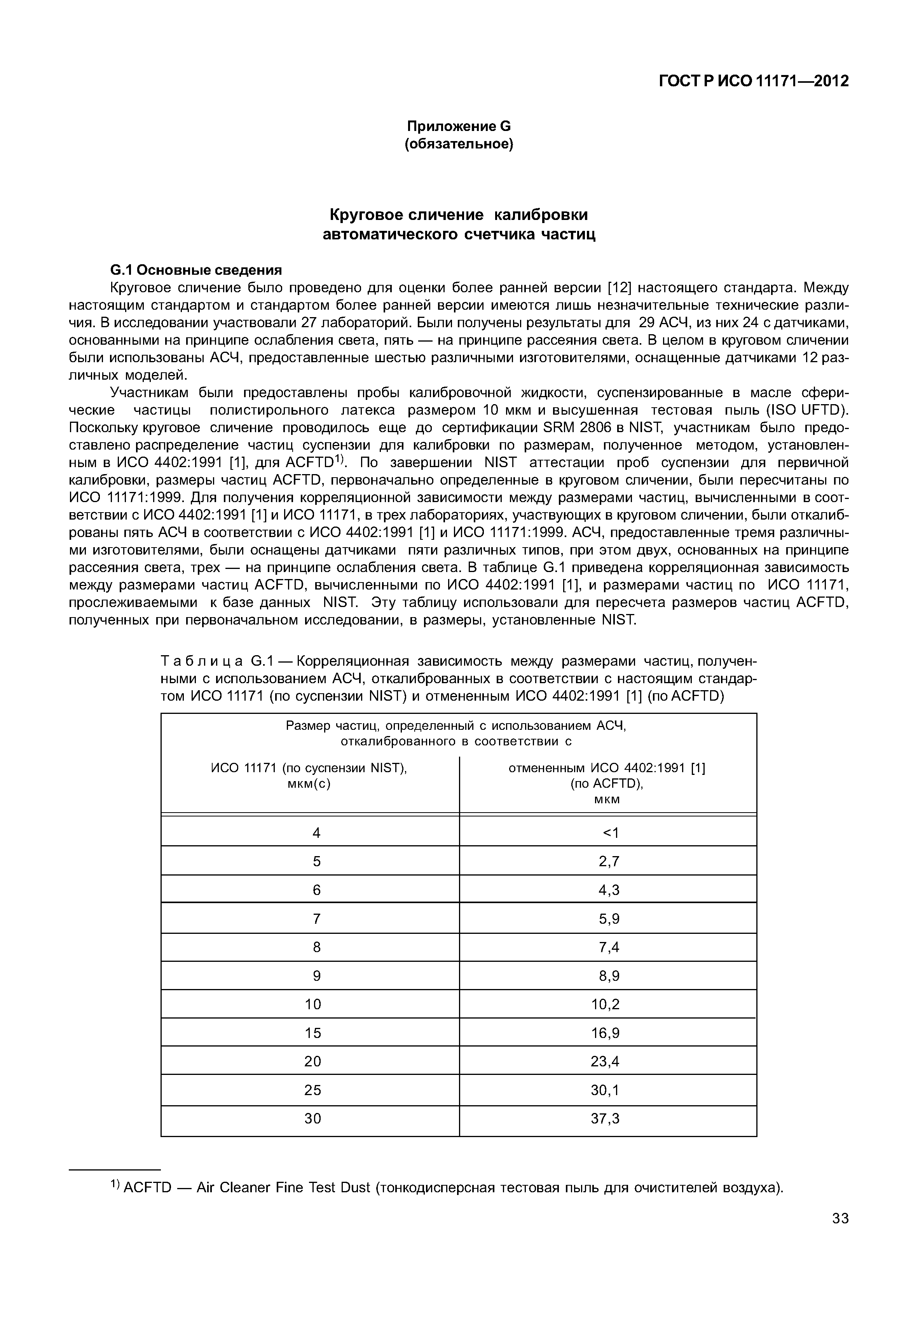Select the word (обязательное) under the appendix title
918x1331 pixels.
click(459, 144)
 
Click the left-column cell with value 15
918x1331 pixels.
click(312, 1033)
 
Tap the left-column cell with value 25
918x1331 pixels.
click(312, 1090)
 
